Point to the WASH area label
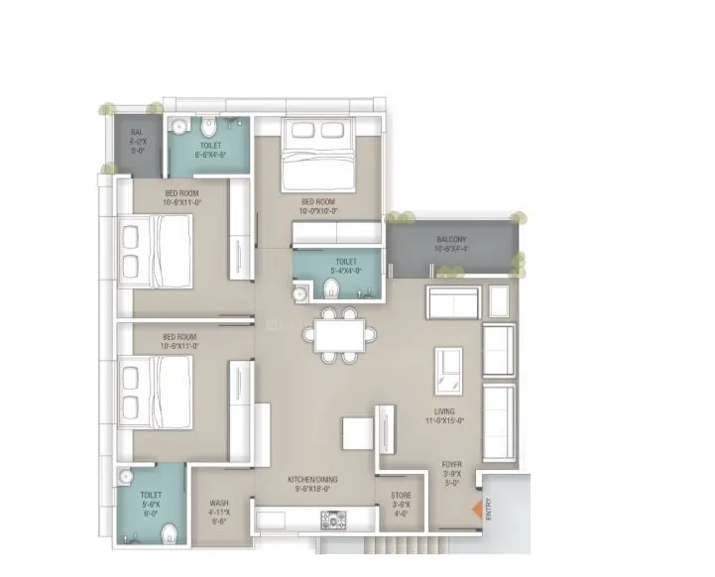click(219, 509)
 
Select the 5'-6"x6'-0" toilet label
click(151, 499)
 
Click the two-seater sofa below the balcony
click(452, 301)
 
